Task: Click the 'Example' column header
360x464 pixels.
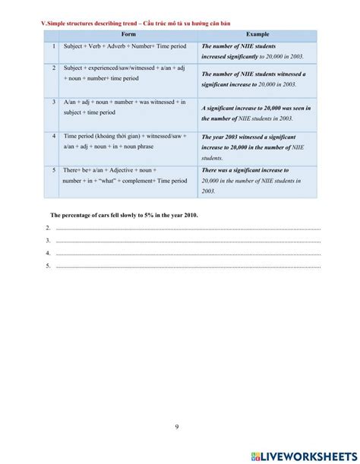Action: pyautogui.click(x=257, y=36)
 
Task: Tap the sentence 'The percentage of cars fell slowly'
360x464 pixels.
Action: pyautogui.click(x=124, y=216)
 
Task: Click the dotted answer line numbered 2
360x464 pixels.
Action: pyautogui.click(x=186, y=228)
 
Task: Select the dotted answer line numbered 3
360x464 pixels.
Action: pyautogui.click(x=186, y=240)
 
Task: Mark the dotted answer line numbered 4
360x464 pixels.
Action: pyautogui.click(x=186, y=253)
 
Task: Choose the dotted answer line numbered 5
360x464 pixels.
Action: pyautogui.click(x=186, y=266)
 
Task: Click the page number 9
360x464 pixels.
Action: pyautogui.click(x=177, y=427)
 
